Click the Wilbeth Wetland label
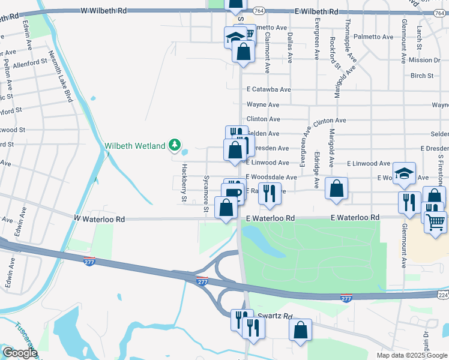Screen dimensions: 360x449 (135, 145)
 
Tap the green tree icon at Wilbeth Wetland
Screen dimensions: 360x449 (175, 145)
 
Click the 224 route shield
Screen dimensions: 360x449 (442, 295)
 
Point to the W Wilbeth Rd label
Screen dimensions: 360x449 (104, 11)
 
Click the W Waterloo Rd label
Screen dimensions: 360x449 (100, 220)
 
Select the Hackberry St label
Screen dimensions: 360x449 (185, 183)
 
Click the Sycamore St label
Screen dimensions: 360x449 (206, 194)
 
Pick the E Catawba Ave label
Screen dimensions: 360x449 (268, 89)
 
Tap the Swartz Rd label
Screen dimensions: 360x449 (274, 316)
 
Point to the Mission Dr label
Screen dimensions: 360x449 (424, 61)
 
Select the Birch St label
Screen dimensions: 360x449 (422, 76)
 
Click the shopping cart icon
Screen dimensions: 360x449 (436, 223)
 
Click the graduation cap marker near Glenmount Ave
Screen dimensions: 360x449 (405, 174)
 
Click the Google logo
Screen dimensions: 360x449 (20, 353)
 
